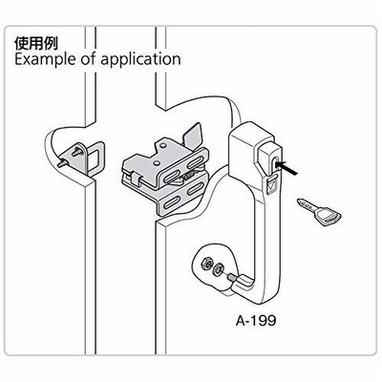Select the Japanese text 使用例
pos(36,43)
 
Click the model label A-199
pos(256,321)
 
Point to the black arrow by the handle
pos(286,168)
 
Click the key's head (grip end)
pos(327,217)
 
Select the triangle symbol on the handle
pos(271,185)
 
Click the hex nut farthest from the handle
pos(204,263)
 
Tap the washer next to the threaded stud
pos(219,269)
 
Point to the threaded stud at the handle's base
pos(231,278)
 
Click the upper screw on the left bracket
pos(75,151)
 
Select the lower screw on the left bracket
pos(63,163)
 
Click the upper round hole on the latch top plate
pos(163,145)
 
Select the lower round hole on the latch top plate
pos(157,163)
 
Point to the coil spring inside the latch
pos(188,175)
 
